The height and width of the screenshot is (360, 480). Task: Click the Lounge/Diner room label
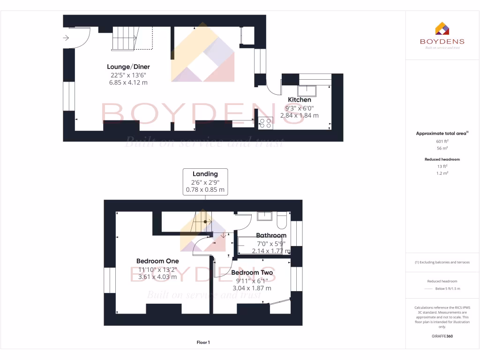pyautogui.click(x=128, y=67)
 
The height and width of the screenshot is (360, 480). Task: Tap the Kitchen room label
pyautogui.click(x=299, y=100)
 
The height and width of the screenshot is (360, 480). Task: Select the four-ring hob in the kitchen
pyautogui.click(x=265, y=123)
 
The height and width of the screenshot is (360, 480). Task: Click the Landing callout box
pyautogui.click(x=205, y=182)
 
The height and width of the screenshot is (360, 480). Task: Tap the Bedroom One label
pyautogui.click(x=157, y=261)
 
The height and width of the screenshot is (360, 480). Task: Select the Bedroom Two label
pyautogui.click(x=252, y=272)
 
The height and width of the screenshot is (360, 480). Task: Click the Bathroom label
pyautogui.click(x=271, y=235)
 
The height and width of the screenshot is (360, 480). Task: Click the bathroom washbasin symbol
pyautogui.click(x=265, y=216)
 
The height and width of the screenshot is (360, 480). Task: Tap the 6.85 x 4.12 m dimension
pyautogui.click(x=128, y=82)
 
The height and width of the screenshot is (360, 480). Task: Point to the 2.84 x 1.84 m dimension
pyautogui.click(x=299, y=115)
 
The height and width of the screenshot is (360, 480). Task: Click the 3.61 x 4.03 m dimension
pyautogui.click(x=157, y=277)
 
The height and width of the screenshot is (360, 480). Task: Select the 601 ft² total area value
pyautogui.click(x=442, y=141)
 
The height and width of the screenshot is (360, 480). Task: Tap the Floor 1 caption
pyautogui.click(x=203, y=343)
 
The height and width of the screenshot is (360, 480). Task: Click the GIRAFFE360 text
pyautogui.click(x=442, y=336)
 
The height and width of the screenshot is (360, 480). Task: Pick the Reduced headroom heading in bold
pyautogui.click(x=442, y=159)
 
